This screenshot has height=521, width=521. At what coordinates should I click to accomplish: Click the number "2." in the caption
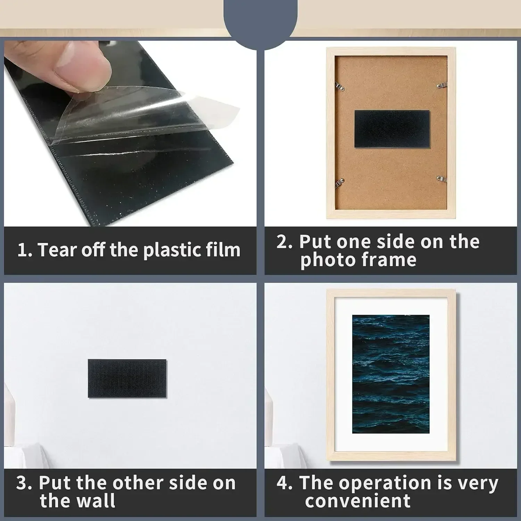[284, 242]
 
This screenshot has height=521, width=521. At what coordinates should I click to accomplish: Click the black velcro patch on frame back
[392, 129]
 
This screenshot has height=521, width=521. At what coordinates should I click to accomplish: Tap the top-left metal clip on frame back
[339, 87]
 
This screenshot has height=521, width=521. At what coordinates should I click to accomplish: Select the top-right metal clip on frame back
[441, 85]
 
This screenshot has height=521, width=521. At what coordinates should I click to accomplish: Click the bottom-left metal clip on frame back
[340, 182]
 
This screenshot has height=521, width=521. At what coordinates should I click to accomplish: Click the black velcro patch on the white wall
[127, 378]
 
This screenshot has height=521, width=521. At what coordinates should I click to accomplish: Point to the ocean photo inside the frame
[391, 374]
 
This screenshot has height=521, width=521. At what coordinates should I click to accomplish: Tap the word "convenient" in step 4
[358, 501]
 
